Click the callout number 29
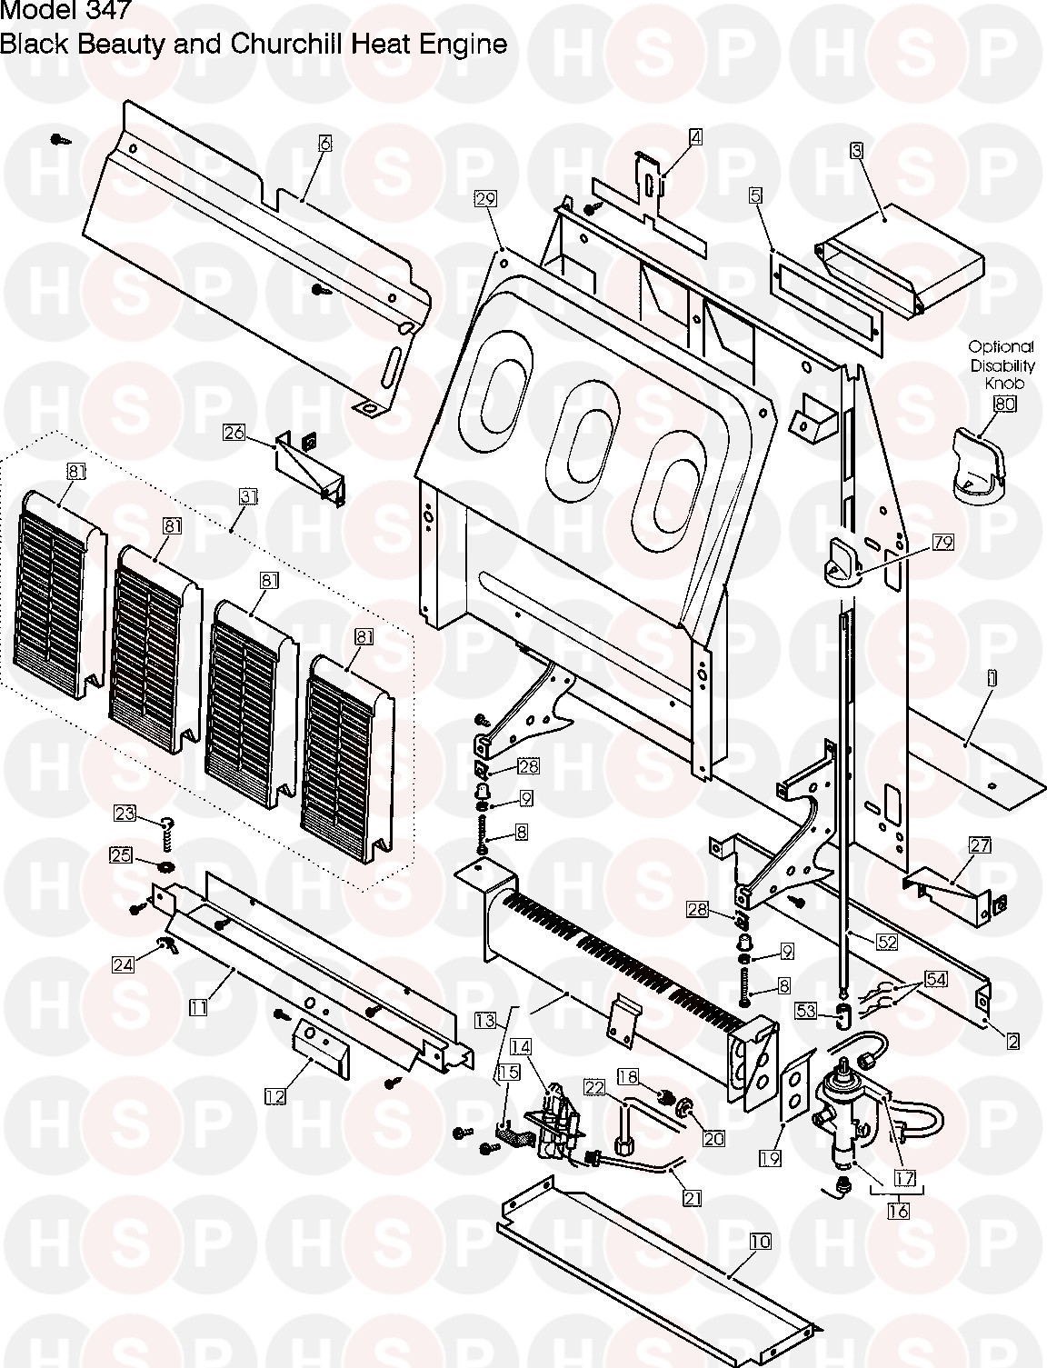[484, 199]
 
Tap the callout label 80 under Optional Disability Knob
[1004, 404]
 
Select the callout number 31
[249, 496]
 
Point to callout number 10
[761, 1242]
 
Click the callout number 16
[898, 1211]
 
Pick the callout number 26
[234, 433]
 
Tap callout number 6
[325, 144]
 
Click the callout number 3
[857, 150]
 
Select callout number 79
[942, 543]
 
